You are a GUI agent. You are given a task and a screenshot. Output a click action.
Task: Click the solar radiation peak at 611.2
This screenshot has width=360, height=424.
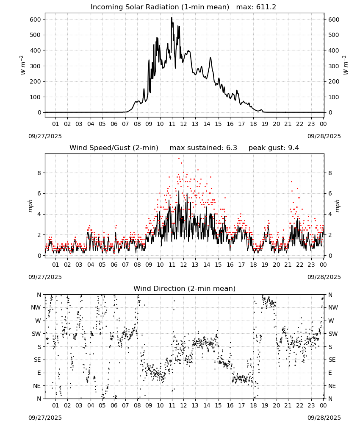coord(172,17)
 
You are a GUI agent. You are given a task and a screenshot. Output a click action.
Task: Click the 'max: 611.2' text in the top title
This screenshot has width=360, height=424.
coord(256,7)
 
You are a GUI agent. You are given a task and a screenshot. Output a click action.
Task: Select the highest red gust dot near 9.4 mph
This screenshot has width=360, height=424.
coord(179,158)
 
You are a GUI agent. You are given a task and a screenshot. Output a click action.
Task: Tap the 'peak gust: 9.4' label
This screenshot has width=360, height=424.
coord(274,148)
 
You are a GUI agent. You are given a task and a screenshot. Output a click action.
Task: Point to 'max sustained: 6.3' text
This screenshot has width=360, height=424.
coord(203,148)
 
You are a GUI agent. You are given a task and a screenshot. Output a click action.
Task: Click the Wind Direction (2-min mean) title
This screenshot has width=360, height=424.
coord(185,288)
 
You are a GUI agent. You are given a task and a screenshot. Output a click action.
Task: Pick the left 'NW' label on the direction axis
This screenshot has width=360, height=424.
coord(36,308)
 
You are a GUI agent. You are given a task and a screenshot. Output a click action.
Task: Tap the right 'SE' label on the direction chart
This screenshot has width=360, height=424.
coord(332,360)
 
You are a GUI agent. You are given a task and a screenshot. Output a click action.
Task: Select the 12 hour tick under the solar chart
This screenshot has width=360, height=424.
coord(183,124)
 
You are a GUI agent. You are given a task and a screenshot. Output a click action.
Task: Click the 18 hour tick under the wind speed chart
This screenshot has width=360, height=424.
coord(253,265)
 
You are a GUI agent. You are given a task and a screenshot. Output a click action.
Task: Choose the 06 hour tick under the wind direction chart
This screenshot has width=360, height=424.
coord(114,405)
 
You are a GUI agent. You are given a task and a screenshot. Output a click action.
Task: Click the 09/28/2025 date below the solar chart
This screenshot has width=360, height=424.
coord(324,136)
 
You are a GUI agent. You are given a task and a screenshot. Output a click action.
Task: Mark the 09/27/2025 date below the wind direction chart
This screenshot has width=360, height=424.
coord(45,418)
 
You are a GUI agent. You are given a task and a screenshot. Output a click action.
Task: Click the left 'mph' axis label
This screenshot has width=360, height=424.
coord(30,206)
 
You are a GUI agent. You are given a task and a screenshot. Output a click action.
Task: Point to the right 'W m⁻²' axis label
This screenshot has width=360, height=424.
coord(346,65)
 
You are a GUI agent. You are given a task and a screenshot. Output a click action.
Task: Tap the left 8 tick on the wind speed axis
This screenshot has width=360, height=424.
coord(39,173)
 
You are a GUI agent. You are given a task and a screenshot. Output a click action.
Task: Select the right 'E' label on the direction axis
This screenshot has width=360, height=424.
coord(330,373)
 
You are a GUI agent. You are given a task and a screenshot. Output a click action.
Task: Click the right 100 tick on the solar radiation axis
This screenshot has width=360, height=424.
coord(334,97)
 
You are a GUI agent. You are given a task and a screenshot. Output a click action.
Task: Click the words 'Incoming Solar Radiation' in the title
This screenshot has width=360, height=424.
coord(135,7)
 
